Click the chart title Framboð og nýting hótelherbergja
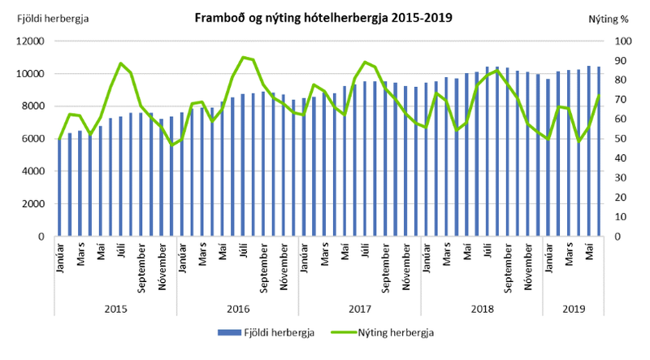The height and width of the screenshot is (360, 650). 323,17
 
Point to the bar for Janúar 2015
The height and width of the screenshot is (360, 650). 59,188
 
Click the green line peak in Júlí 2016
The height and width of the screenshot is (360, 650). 243,57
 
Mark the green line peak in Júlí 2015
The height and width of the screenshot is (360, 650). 121,63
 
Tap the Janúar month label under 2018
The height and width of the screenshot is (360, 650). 427,258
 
